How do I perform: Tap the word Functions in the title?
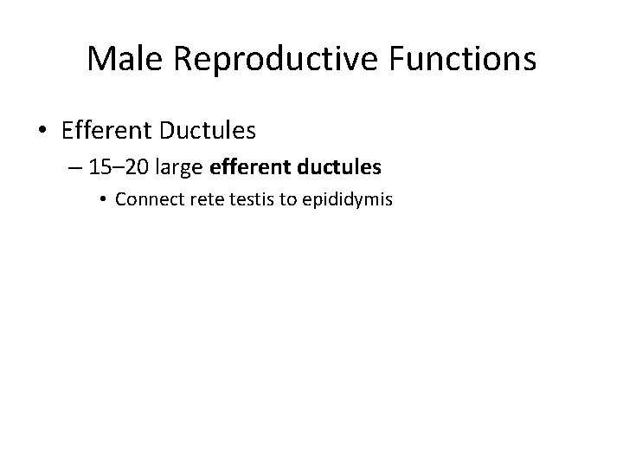click(x=466, y=60)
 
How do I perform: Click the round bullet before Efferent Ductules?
click(x=42, y=132)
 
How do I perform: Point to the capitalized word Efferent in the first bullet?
click(x=101, y=131)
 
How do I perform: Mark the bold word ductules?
click(x=337, y=167)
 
